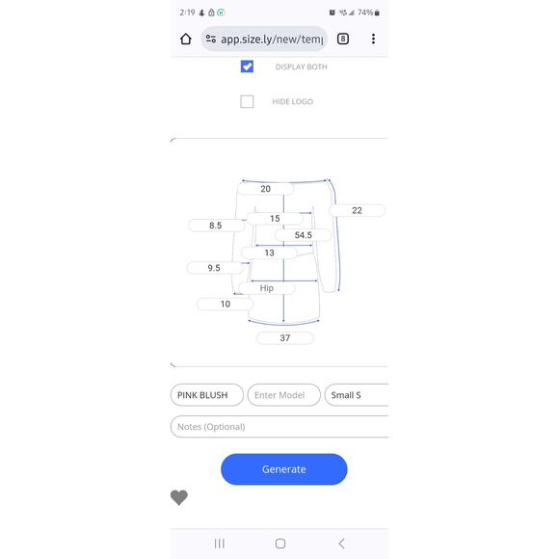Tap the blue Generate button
(x=283, y=469)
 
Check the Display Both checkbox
(x=247, y=67)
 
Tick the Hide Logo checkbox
(x=247, y=101)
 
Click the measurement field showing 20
(x=266, y=189)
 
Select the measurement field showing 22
(x=357, y=210)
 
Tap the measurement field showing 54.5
(x=303, y=235)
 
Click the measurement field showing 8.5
(x=216, y=226)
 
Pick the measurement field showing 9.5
(x=214, y=268)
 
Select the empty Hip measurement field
(x=267, y=288)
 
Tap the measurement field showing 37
(x=285, y=338)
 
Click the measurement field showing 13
(x=269, y=253)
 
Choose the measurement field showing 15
(x=275, y=219)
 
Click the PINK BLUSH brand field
(x=207, y=395)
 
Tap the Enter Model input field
(x=283, y=395)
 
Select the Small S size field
(x=357, y=395)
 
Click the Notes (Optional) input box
(x=279, y=426)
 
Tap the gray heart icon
(x=179, y=497)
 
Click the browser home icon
(x=186, y=39)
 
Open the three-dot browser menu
(x=373, y=39)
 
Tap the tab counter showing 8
(x=343, y=39)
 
